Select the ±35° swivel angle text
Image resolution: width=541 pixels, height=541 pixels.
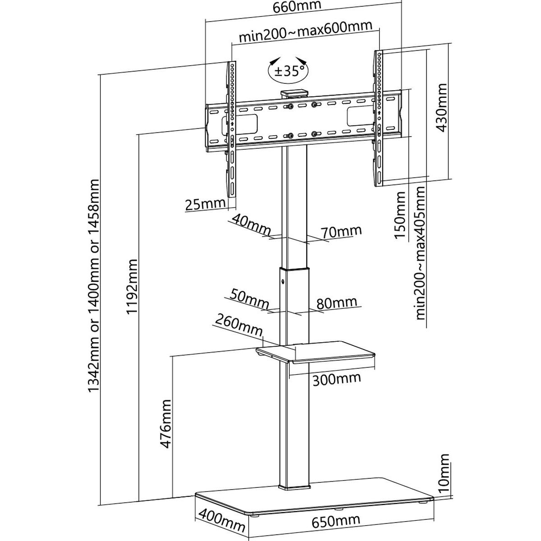[x=288, y=72]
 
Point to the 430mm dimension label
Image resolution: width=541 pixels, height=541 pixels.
[x=440, y=108]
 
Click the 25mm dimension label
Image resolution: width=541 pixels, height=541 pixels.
[x=205, y=204]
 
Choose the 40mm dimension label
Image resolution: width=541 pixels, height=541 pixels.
[x=251, y=225]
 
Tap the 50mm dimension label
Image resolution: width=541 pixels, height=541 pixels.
[x=249, y=299]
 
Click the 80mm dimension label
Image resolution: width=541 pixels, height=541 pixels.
[x=337, y=303]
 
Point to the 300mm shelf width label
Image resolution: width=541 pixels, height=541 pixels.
[x=337, y=379]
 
